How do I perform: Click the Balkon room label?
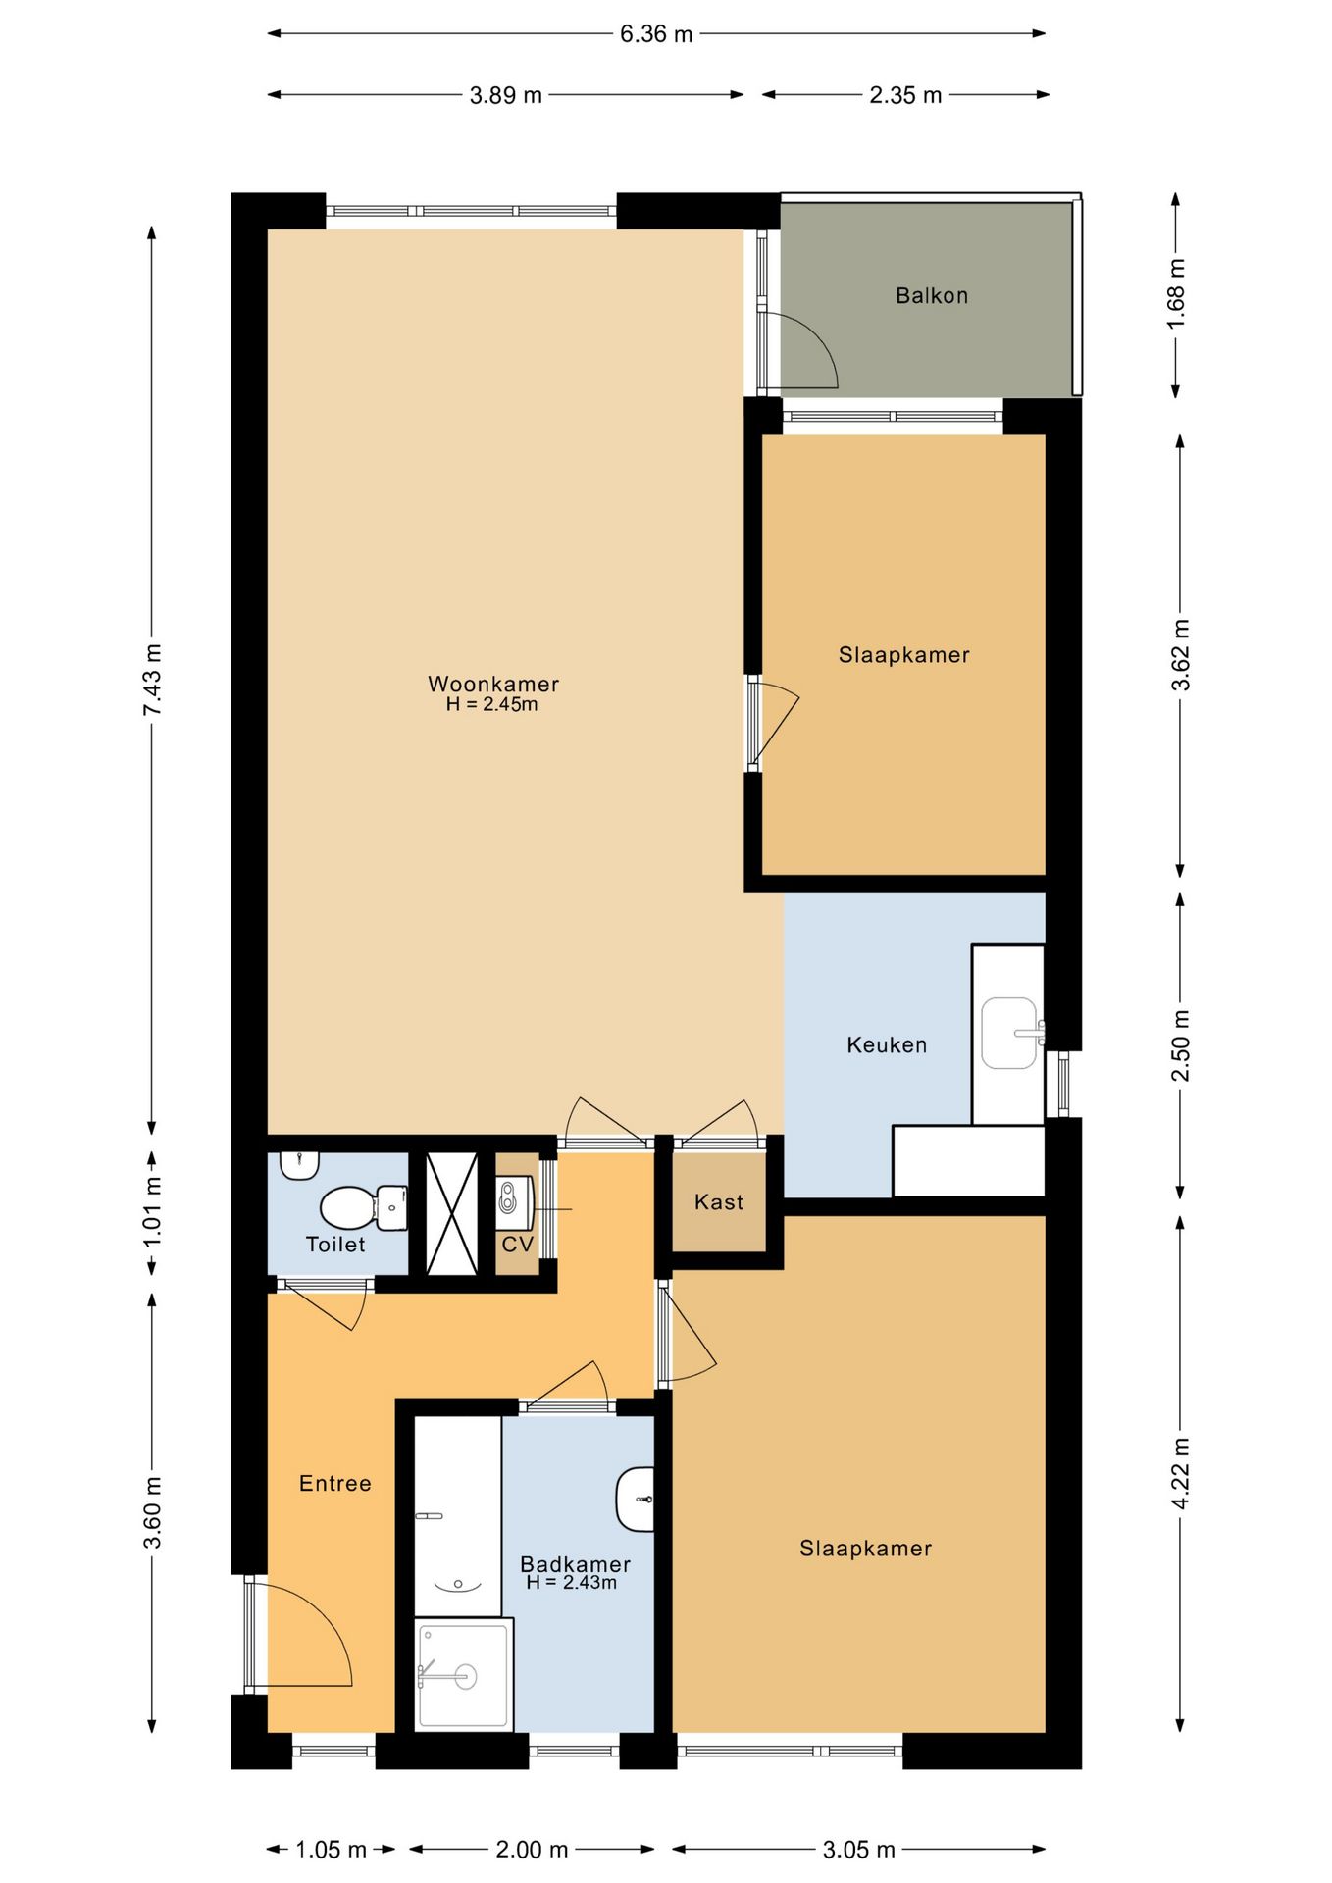(932, 295)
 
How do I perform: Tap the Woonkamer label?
(493, 684)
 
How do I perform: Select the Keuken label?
(887, 1044)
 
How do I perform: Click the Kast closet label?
(719, 1201)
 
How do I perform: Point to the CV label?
(517, 1244)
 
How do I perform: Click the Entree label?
(335, 1483)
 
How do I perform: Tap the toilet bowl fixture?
(364, 1207)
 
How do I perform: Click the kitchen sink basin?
(1009, 1033)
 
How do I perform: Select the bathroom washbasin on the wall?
(636, 1500)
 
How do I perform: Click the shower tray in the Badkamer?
(464, 1676)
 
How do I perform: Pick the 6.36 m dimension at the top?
(656, 34)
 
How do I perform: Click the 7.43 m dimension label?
(153, 680)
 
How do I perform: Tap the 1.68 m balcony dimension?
(1177, 294)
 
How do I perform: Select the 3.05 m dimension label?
(859, 1850)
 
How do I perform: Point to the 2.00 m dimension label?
(532, 1850)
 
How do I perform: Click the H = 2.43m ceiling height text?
(572, 1582)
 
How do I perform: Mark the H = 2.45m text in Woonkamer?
(491, 704)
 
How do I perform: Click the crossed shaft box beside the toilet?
(451, 1214)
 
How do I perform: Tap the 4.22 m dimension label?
(1181, 1473)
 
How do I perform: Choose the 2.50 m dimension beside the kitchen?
(1181, 1044)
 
